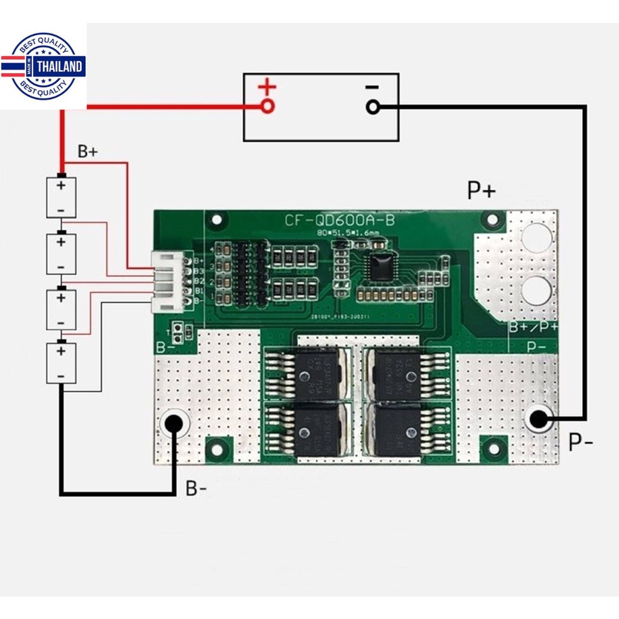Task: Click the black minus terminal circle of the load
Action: pyautogui.click(x=373, y=108)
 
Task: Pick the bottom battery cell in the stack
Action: pyautogui.click(x=62, y=363)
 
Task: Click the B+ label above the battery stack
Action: pyautogui.click(x=87, y=152)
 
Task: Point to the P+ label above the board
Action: pyautogui.click(x=482, y=191)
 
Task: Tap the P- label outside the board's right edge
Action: pyautogui.click(x=580, y=442)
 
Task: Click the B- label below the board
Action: pyautogui.click(x=196, y=488)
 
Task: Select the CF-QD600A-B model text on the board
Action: pyautogui.click(x=340, y=221)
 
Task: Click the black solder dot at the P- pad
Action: pyautogui.click(x=537, y=418)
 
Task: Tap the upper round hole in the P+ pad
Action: pyautogui.click(x=536, y=237)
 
